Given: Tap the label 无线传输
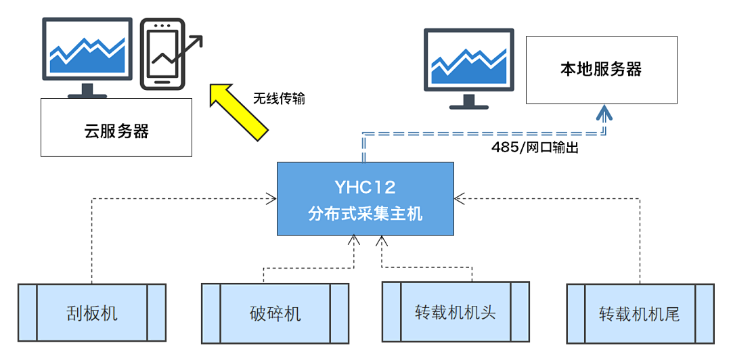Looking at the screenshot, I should [279, 99].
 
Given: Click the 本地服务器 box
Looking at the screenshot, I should [601, 70].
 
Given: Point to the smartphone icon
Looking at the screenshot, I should [162, 54].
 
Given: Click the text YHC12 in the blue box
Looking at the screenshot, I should [365, 187].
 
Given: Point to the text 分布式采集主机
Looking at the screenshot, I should [365, 214].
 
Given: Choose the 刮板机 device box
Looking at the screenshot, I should [92, 313].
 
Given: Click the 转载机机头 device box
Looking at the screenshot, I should [456, 312].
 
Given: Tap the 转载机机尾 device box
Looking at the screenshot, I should [640, 313].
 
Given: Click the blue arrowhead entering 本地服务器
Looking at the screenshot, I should [604, 112].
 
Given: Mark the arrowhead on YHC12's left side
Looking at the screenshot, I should [272, 198].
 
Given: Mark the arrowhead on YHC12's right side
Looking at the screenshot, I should [458, 198].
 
